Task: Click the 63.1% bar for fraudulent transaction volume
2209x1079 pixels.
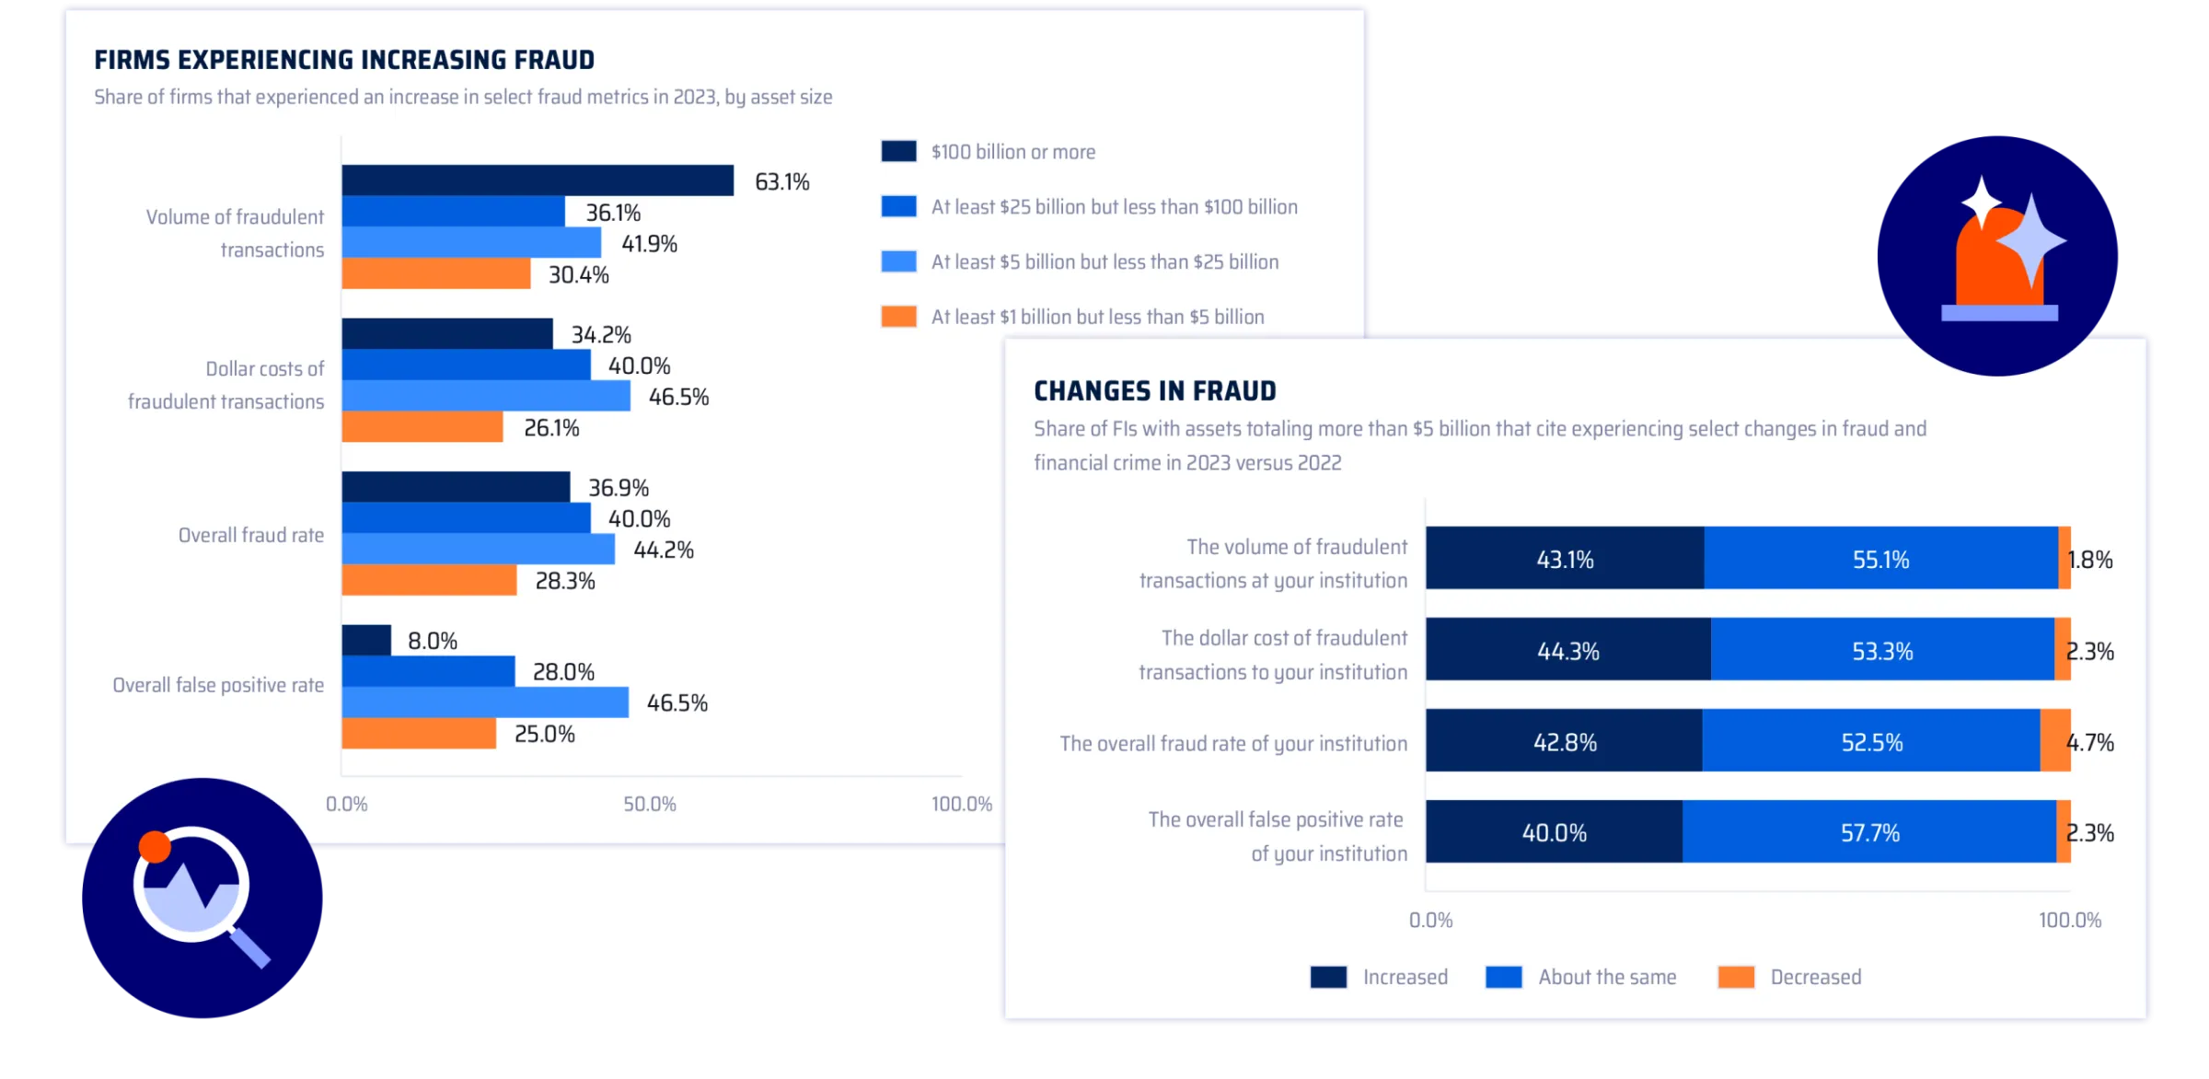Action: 538,180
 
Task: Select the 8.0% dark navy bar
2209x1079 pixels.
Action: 366,640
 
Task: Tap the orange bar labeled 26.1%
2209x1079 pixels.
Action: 422,427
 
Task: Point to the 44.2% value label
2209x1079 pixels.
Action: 663,551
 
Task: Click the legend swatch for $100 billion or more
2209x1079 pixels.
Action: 898,152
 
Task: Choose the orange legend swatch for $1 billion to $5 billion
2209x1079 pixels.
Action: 898,317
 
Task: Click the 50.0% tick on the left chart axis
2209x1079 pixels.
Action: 650,804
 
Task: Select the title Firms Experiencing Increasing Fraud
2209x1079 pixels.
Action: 344,61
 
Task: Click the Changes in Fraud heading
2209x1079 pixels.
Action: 1154,391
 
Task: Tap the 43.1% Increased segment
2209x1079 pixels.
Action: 1565,559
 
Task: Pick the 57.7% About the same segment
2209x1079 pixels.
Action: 1869,832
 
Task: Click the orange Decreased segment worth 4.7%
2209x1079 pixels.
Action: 2054,740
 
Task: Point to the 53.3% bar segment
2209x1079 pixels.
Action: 1882,650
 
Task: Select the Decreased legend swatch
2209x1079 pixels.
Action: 1736,977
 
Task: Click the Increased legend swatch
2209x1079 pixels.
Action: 1328,977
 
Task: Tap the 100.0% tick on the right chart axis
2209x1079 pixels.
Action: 2070,920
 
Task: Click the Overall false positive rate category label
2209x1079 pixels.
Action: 218,685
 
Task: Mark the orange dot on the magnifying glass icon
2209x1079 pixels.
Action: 155,846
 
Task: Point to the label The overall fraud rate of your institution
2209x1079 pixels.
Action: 1233,743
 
